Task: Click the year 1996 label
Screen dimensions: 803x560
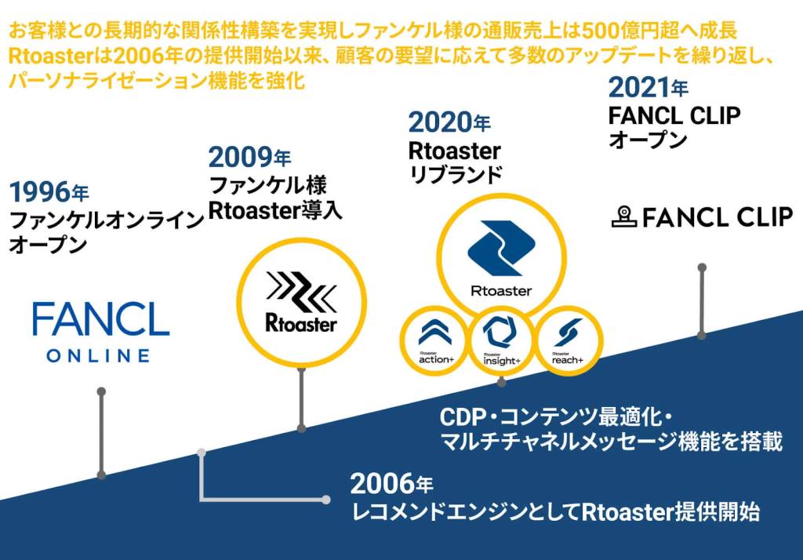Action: tap(49, 192)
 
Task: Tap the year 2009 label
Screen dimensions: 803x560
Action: tap(249, 158)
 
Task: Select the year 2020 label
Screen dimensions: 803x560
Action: tap(449, 122)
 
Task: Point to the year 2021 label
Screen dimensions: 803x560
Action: tap(648, 88)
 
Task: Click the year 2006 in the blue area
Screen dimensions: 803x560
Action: tap(392, 484)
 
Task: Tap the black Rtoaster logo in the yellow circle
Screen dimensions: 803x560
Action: tap(301, 302)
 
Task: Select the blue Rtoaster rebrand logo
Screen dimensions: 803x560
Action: tap(501, 257)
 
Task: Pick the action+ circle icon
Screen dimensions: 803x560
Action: tap(434, 340)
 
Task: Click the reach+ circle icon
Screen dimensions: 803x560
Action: tap(569, 340)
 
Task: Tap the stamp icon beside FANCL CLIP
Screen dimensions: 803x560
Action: tap(623, 216)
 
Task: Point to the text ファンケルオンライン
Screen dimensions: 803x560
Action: tap(107, 221)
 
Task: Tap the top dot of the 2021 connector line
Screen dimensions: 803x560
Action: tap(702, 267)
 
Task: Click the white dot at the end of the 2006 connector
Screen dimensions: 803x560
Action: tap(326, 500)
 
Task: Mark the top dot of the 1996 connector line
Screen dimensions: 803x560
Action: tap(101, 391)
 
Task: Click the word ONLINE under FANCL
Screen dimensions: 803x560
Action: tap(99, 355)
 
